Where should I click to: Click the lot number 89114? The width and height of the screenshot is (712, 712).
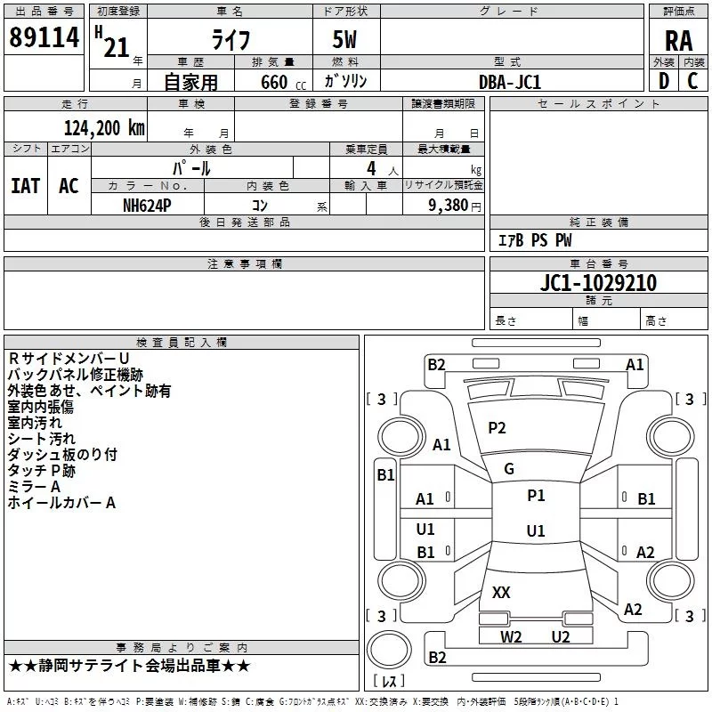[44, 38]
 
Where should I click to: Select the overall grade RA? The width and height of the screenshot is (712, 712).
[678, 40]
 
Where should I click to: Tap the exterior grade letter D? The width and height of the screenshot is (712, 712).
[663, 81]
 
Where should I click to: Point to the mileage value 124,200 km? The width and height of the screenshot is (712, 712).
[104, 127]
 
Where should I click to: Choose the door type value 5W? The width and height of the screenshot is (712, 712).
[346, 40]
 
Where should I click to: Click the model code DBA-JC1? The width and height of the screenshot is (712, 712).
[510, 82]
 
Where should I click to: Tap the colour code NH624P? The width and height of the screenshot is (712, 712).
[147, 205]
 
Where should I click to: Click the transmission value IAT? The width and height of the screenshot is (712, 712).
[25, 185]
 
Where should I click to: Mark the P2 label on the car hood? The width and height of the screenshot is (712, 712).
[497, 428]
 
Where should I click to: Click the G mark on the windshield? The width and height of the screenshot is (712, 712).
[509, 469]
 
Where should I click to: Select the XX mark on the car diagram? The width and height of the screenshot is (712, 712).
[501, 592]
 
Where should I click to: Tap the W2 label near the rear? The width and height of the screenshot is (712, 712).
[511, 635]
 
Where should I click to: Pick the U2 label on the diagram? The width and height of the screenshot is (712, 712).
[560, 635]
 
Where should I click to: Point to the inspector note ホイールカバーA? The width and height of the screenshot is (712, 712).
[61, 503]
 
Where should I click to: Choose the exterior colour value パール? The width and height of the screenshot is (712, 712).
[191, 167]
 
